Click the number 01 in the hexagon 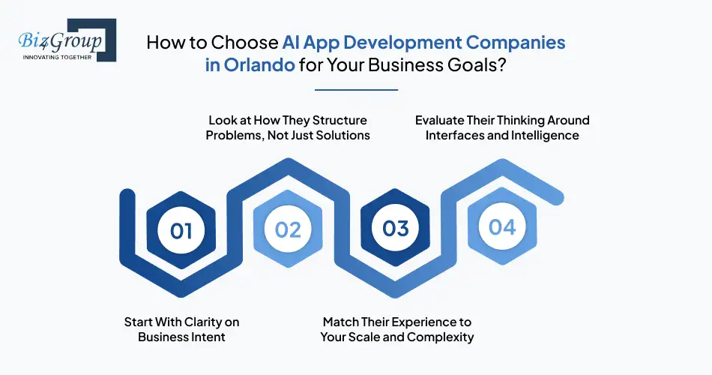click(x=181, y=230)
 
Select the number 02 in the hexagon click(x=288, y=229)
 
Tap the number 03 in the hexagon click(x=396, y=228)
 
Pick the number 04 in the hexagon click(x=502, y=226)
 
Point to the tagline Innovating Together click(x=56, y=57)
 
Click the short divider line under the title click(x=356, y=90)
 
